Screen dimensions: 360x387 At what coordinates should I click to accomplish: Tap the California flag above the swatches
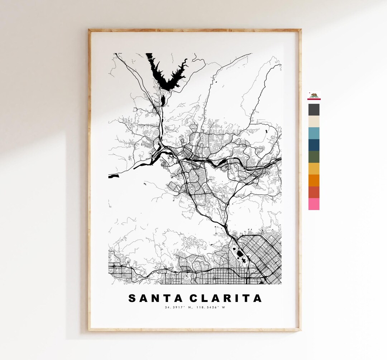pos(314,96)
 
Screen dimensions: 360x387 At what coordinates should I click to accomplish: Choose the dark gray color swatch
pos(314,109)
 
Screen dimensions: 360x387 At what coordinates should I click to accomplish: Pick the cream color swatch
pos(314,121)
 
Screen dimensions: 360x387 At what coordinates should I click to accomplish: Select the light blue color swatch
pos(314,133)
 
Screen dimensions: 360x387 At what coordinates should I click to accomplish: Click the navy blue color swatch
pos(314,145)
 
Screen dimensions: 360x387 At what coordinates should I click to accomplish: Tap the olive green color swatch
pos(314,157)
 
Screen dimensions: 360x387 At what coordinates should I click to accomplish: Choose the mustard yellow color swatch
pos(314,169)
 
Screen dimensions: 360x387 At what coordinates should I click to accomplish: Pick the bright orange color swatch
pos(314,180)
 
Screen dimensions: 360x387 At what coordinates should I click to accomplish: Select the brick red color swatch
pos(314,192)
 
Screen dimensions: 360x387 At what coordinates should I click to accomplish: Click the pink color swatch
pos(314,204)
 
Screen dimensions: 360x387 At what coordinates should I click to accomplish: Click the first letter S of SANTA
pos(132,298)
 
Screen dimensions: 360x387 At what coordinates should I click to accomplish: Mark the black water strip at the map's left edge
pos(114,176)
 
